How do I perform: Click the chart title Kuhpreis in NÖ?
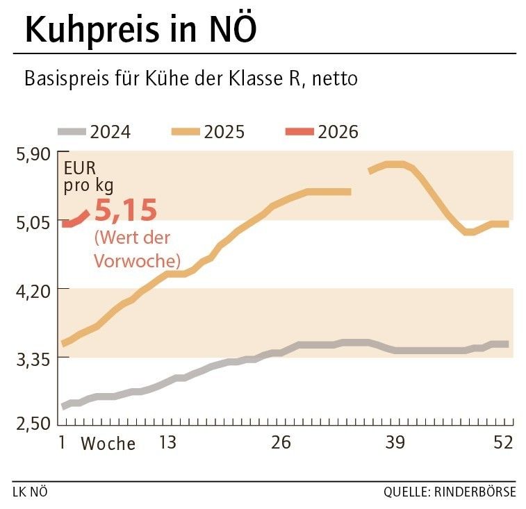coord(141,29)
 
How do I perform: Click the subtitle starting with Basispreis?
coord(191,78)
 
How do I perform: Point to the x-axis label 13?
coord(167,442)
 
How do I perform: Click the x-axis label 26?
coord(281,442)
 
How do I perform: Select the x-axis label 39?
coord(394,442)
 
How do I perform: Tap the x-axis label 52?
coord(502,442)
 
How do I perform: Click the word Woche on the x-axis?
coord(108,444)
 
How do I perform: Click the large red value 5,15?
coord(126,210)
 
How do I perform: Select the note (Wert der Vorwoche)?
coord(137,249)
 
